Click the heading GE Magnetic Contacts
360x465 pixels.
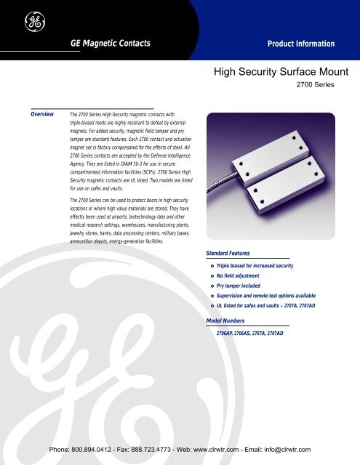point(110,43)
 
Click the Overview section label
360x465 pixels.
point(41,114)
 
